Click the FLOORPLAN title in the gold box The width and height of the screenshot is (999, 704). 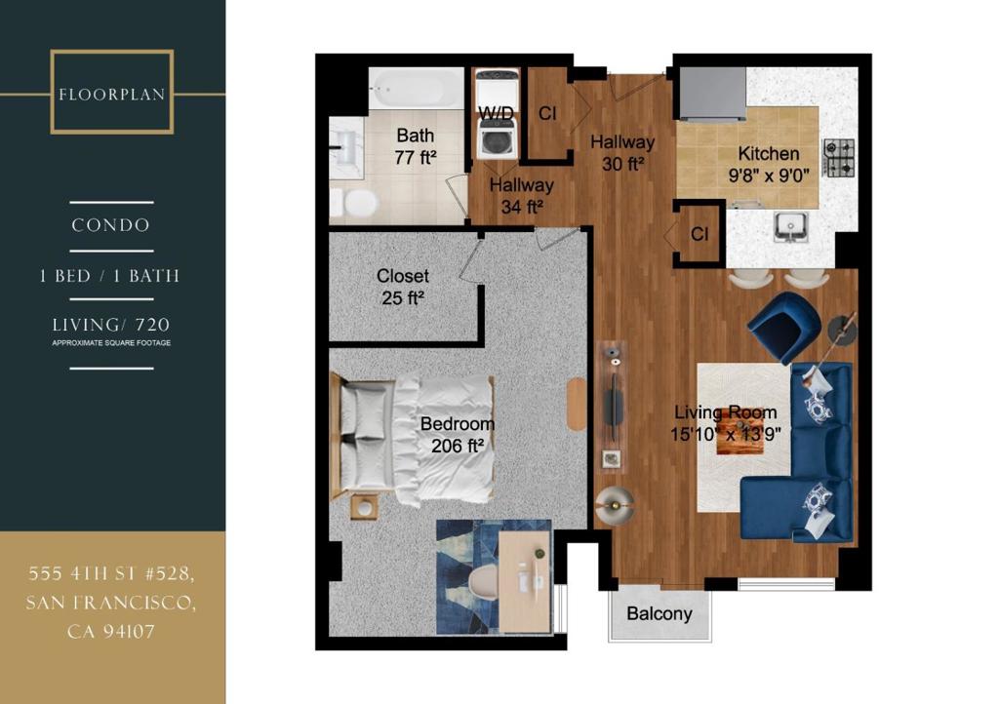pos(111,95)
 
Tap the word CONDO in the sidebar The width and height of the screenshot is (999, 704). pos(111,225)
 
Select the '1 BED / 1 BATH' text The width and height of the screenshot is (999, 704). pos(109,276)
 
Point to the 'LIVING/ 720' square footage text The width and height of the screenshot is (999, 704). pos(111,325)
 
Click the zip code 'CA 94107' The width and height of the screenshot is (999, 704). pos(111,632)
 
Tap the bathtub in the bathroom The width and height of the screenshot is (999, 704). pos(417,88)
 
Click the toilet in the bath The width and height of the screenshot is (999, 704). pos(354,203)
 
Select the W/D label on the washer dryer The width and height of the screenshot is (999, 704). pos(496,113)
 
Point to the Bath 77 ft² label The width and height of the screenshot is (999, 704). pos(416,146)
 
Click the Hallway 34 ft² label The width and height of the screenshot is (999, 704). pos(522,196)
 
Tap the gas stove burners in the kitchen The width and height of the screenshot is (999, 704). pos(839,157)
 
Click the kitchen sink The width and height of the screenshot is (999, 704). pos(790,227)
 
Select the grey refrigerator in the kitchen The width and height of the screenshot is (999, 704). pos(713,94)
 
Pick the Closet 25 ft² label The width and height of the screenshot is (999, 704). pos(402,287)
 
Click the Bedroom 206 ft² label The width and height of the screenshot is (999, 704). pos(458,435)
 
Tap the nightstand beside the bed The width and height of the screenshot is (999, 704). pos(365,507)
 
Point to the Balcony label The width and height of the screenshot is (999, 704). pos(659,613)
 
